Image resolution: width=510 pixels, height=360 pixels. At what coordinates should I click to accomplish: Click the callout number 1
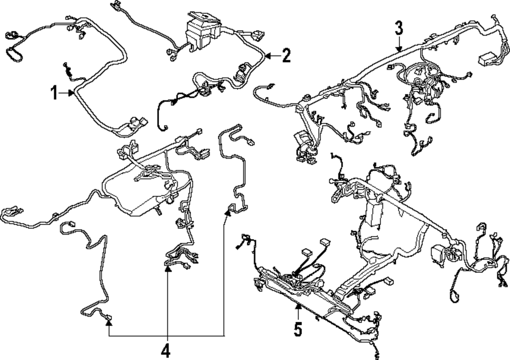[x=54, y=93]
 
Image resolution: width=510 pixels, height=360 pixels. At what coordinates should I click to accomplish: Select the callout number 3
[x=399, y=29]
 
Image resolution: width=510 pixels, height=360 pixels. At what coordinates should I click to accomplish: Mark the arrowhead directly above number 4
[x=167, y=269]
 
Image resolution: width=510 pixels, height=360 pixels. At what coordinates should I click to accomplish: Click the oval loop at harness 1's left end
[x=13, y=54]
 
